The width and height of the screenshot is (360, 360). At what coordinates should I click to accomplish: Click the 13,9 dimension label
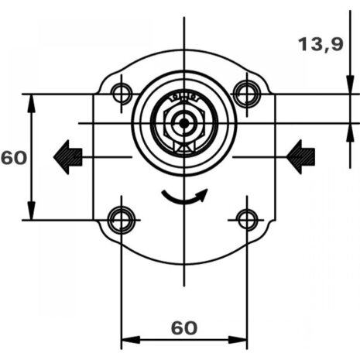pyautogui.click(x=321, y=44)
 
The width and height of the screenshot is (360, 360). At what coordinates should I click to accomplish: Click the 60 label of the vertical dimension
pyautogui.click(x=14, y=158)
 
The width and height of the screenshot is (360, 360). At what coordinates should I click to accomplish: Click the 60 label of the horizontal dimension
pyautogui.click(x=184, y=328)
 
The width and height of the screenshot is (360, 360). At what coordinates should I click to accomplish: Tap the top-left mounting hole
pyautogui.click(x=122, y=94)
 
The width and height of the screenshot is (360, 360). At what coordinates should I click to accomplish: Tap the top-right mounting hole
pyautogui.click(x=247, y=94)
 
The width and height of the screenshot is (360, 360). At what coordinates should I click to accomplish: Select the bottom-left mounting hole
pyautogui.click(x=122, y=220)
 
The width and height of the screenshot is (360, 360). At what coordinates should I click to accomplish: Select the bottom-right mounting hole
pyautogui.click(x=247, y=220)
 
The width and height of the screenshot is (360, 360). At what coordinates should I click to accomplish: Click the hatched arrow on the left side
pyautogui.click(x=68, y=157)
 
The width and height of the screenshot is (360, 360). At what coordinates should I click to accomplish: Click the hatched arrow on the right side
pyautogui.click(x=300, y=157)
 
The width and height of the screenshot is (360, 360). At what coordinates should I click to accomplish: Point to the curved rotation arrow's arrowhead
pyautogui.click(x=203, y=194)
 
